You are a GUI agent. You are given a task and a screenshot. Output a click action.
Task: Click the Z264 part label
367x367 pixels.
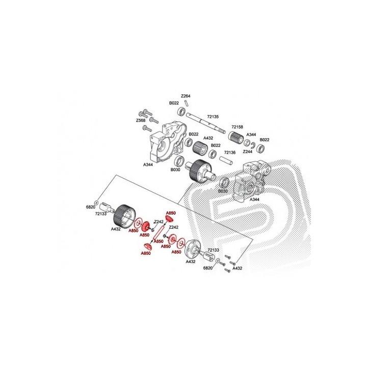click(186, 96)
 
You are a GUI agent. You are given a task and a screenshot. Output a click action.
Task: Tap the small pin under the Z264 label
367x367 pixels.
click(187, 103)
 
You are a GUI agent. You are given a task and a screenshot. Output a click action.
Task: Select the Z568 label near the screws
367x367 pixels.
click(141, 120)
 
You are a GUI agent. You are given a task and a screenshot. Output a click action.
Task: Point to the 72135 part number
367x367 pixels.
click(213, 117)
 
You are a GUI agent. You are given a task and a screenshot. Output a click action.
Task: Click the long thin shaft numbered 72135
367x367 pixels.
click(205, 123)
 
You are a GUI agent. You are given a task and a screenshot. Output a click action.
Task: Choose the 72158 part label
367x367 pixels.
click(237, 127)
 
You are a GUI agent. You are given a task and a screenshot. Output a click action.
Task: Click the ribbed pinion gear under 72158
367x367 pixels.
click(235, 136)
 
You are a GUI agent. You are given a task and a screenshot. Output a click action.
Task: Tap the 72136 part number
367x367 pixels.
click(229, 152)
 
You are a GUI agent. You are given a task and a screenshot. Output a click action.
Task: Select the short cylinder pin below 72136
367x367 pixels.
click(226, 160)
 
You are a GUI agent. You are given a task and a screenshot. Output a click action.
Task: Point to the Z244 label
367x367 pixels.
click(247, 151)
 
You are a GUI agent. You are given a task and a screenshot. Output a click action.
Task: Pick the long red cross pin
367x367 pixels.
click(159, 232)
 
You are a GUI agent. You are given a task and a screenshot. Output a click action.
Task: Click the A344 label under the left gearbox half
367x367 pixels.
click(148, 165)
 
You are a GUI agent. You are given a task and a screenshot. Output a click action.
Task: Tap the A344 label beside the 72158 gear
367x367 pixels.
click(251, 135)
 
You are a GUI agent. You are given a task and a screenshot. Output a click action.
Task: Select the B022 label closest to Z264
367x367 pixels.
click(174, 103)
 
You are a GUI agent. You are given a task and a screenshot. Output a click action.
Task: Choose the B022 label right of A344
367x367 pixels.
click(265, 140)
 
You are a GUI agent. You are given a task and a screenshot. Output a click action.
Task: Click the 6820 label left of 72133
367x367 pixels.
click(91, 207)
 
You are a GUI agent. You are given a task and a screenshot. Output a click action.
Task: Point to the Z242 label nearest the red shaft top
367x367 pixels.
click(159, 222)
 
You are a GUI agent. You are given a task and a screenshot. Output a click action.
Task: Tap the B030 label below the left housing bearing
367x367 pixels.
click(175, 170)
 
